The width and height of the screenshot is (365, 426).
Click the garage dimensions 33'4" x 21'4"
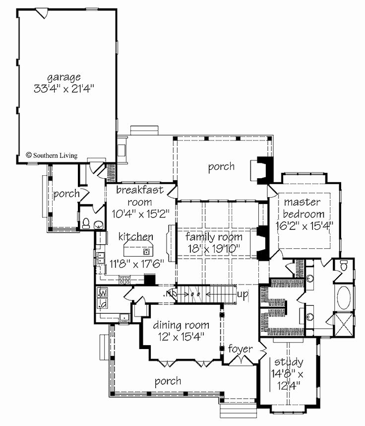(x=63, y=89)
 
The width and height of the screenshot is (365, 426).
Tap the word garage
(x=63, y=77)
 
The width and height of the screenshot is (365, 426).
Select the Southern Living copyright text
(x=52, y=155)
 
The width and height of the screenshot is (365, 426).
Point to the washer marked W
(x=104, y=293)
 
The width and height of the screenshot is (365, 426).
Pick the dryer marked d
(x=104, y=303)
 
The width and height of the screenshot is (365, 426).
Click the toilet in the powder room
(x=86, y=223)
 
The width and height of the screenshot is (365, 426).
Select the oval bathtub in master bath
(x=343, y=297)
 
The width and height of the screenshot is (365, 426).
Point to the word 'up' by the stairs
(x=243, y=294)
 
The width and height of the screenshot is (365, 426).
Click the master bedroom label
(x=304, y=209)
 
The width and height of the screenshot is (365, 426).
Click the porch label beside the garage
(x=66, y=194)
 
